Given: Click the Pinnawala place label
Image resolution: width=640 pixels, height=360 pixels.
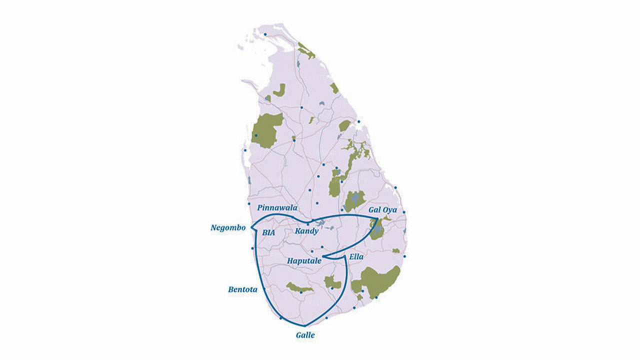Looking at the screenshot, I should (x=277, y=207).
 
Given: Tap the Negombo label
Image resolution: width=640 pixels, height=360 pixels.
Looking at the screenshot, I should (x=228, y=227).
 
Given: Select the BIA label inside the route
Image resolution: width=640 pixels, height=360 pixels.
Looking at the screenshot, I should (x=268, y=232).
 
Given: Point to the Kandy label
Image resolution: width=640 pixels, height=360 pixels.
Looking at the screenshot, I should (x=306, y=231).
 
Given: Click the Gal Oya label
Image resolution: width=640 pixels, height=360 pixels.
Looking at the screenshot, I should (x=382, y=210).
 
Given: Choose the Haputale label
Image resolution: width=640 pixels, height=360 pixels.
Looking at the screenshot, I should (x=304, y=260).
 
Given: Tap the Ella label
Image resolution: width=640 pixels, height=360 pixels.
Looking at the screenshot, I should (x=356, y=256).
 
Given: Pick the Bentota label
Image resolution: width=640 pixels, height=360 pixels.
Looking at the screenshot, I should (x=242, y=289).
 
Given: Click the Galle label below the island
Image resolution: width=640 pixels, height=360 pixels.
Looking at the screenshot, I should (x=305, y=335).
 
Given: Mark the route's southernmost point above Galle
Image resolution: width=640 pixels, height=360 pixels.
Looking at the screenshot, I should (x=304, y=326).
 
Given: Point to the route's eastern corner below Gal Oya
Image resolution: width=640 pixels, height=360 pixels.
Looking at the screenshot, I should (x=377, y=218).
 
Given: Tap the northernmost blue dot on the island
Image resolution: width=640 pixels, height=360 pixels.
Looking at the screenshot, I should (x=265, y=34).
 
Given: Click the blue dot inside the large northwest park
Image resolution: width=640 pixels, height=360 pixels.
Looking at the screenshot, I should (x=256, y=135).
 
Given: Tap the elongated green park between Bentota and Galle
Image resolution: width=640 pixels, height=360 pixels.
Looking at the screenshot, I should (x=299, y=287).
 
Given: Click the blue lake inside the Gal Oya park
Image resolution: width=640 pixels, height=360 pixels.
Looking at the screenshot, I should (x=377, y=230).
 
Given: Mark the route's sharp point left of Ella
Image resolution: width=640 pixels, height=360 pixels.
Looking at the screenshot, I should (x=323, y=257).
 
